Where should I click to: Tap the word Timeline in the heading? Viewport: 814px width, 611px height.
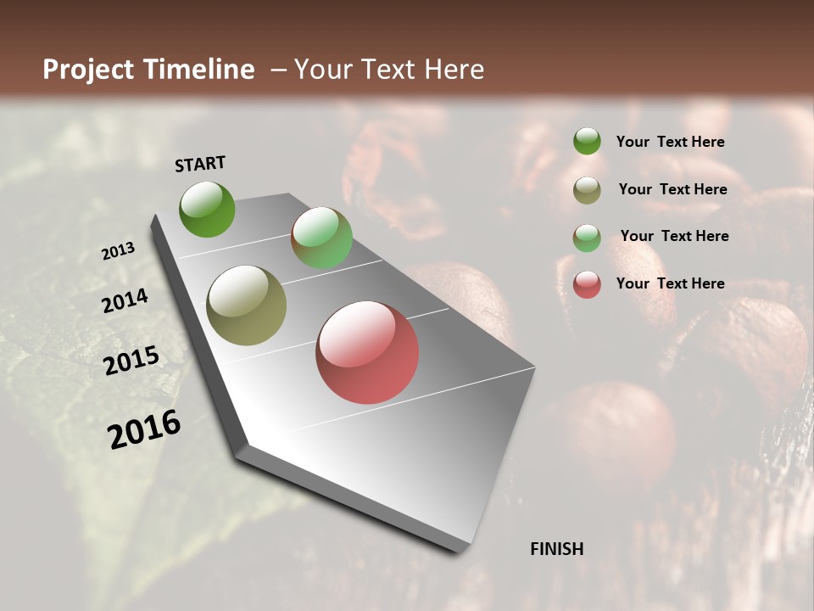point(199,70)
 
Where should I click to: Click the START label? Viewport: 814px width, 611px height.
point(200,164)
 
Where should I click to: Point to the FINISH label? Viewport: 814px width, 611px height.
point(557,549)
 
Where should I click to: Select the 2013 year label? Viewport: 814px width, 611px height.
point(119,251)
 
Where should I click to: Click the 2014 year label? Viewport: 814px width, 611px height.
point(125,301)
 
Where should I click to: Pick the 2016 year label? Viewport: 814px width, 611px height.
point(144,429)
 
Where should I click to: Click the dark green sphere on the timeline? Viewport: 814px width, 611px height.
point(207,209)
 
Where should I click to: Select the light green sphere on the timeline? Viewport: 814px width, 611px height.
point(321,238)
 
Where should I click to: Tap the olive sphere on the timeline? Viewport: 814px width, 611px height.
point(247,305)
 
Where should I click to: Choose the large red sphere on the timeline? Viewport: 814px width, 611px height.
point(367,352)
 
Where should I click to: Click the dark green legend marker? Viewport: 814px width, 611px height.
point(587,141)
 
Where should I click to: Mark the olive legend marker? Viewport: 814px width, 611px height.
point(587,190)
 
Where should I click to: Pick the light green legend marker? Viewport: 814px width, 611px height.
point(587,238)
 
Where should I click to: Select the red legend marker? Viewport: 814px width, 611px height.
point(587,284)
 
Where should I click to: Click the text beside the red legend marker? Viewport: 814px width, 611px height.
point(671,283)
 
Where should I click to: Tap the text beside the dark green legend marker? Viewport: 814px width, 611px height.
point(671,142)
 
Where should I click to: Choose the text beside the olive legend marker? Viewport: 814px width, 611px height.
point(673,189)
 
